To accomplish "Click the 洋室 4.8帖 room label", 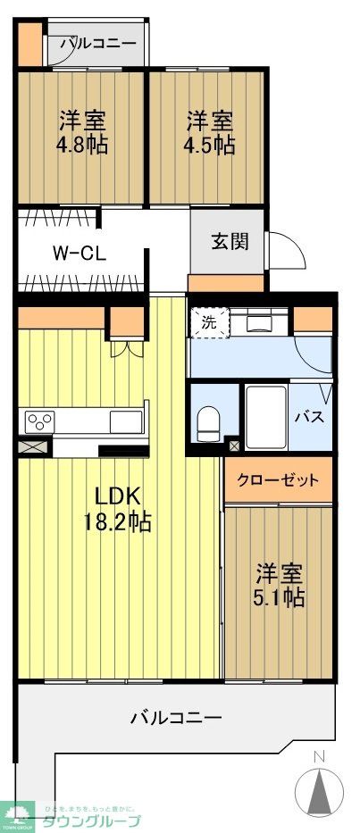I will click(x=84, y=132).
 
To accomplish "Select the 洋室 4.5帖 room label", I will click(x=211, y=132).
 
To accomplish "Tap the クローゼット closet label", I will click(x=278, y=480).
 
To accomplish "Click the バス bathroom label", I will click(x=309, y=417).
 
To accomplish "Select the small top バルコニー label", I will click(x=97, y=43).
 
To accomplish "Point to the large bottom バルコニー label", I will click(x=176, y=716).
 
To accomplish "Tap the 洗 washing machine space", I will click(x=208, y=322).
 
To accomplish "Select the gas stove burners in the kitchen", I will click(x=41, y=419).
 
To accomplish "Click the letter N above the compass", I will click(x=319, y=759).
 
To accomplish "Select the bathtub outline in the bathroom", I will click(x=265, y=417).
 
